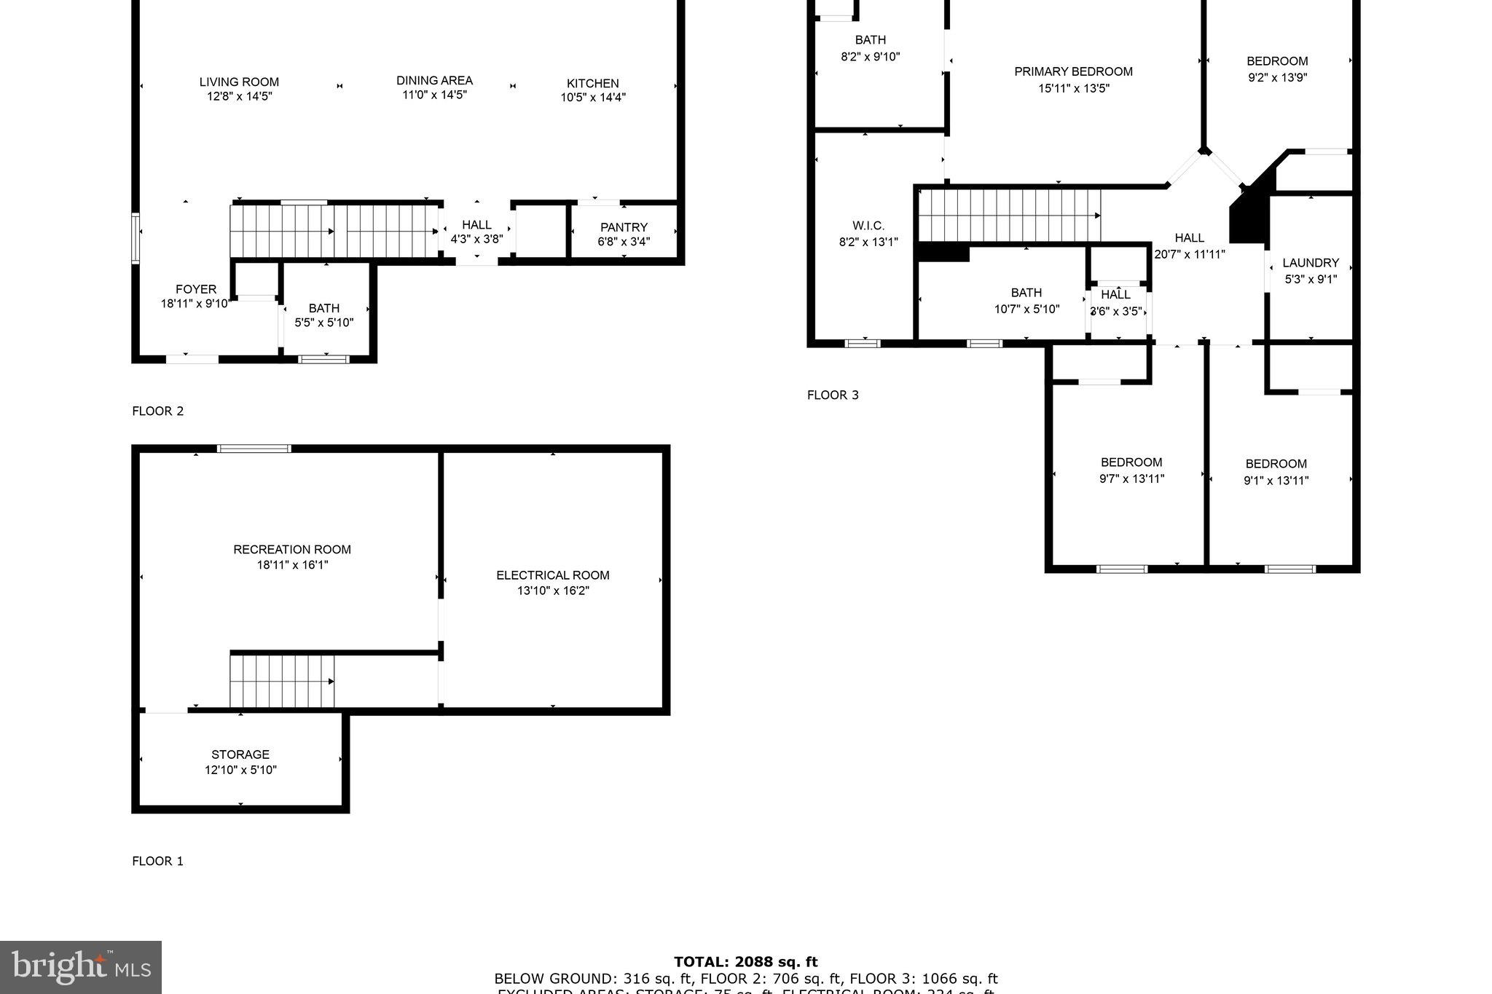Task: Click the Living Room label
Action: [239, 82]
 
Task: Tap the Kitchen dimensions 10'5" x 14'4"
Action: [592, 98]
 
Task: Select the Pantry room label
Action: [624, 227]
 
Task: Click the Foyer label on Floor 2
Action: [195, 289]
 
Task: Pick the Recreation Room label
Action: [291, 549]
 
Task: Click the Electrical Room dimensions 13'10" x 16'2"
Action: [553, 591]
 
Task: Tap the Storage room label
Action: [240, 754]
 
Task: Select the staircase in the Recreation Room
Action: [282, 681]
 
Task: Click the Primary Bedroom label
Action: [1073, 71]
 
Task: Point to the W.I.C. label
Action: [868, 226]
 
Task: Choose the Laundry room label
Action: [1310, 263]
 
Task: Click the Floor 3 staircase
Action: [1009, 215]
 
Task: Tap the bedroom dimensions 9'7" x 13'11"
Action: [1131, 479]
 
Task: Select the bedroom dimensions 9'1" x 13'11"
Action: [1276, 481]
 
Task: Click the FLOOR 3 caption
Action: [833, 395]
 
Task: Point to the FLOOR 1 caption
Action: [157, 861]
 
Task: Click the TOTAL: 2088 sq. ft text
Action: [745, 962]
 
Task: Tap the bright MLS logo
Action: [81, 967]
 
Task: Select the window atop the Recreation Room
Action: [254, 449]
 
